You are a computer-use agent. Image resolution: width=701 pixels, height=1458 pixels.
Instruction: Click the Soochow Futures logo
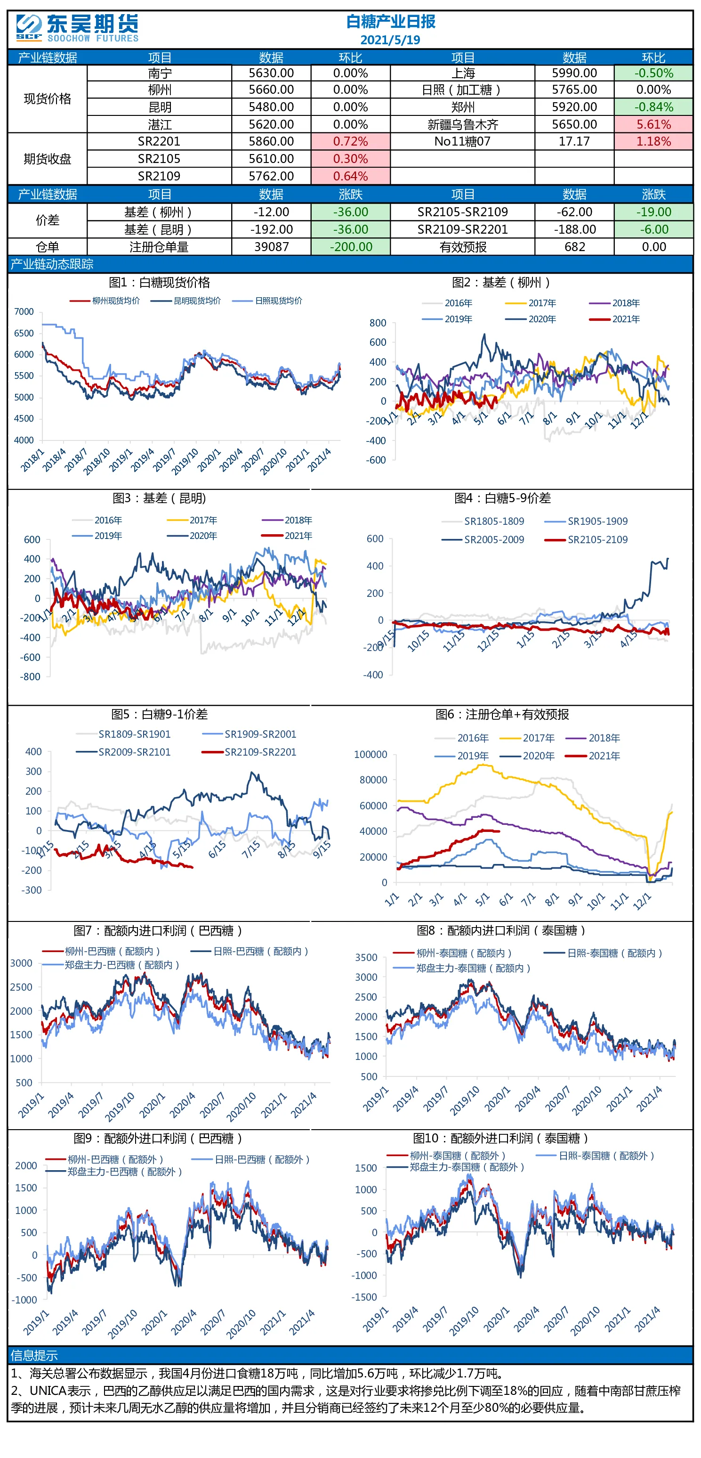pos(77,28)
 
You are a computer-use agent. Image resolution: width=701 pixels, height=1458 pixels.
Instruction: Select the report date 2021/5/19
pos(390,40)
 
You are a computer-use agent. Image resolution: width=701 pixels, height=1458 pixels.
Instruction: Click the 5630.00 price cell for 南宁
pos(271,73)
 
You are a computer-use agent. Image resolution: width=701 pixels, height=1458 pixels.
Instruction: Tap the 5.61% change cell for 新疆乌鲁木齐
pos(653,124)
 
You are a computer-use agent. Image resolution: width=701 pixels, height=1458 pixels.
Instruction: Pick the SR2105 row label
pos(159,158)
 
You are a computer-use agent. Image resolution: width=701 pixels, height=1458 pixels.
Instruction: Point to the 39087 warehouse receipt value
pos(271,247)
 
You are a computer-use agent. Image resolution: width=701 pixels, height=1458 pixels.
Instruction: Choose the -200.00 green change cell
pos(350,247)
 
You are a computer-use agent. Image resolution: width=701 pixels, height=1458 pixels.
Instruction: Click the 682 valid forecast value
pos(574,247)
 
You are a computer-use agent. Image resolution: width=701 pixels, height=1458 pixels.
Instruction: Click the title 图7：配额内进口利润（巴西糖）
pos(158,930)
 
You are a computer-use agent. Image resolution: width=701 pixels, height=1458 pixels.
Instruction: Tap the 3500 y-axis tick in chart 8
pos(366,957)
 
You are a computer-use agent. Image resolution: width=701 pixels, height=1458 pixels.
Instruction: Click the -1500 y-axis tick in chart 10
pos(365,1297)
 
